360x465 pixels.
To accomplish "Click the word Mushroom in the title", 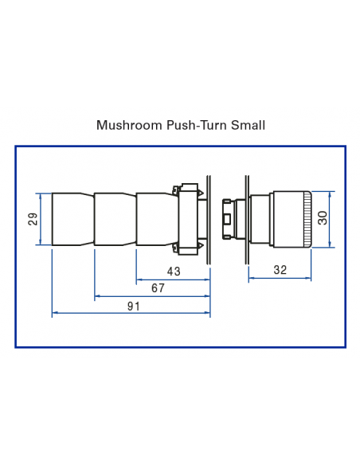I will point(123,125).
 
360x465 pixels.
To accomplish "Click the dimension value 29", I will point(33,219).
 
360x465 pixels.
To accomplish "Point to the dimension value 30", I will point(323,218).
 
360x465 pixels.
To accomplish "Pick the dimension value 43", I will point(174,272).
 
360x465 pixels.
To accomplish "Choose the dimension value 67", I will point(158,288).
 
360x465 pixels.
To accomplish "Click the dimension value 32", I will point(280,270).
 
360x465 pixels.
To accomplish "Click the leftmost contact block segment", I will point(72,219).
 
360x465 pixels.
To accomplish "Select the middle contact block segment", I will point(115,219).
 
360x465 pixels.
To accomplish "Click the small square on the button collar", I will point(228,218).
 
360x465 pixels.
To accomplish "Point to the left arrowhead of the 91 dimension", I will point(54,314).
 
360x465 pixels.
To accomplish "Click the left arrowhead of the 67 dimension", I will point(97,296).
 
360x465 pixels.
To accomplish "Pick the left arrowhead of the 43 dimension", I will point(139,279).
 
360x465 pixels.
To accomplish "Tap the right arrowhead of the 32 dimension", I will point(308,278).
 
